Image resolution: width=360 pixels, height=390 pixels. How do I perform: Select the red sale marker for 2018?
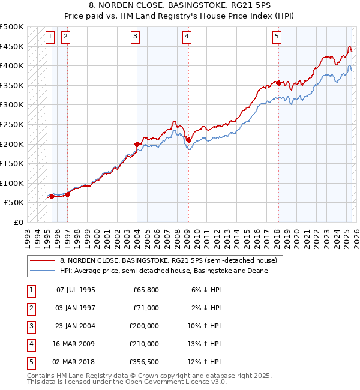(278, 83)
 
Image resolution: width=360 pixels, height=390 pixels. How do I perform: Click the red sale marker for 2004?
(137, 144)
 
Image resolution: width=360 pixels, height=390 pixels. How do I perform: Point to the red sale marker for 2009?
(188, 140)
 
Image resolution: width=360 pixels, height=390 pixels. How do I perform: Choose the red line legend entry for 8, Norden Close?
(168, 261)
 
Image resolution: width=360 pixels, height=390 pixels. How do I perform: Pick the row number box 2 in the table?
(31, 308)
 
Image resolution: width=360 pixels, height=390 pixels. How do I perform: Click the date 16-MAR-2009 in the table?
(76, 344)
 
